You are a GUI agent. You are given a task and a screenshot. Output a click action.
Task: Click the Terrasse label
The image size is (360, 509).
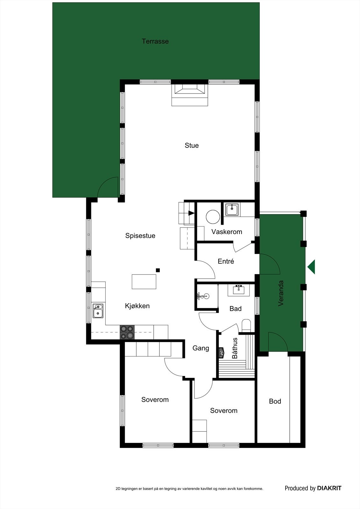pyautogui.click(x=155, y=41)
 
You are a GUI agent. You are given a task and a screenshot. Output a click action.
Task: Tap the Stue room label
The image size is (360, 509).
pyautogui.click(x=192, y=145)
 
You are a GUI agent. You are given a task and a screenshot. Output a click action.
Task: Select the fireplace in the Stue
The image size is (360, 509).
pyautogui.click(x=190, y=92)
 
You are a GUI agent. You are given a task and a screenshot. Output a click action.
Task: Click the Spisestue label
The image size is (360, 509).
pyautogui.click(x=140, y=236)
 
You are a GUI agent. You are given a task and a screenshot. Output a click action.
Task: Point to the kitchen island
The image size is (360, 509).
pyautogui.click(x=144, y=282)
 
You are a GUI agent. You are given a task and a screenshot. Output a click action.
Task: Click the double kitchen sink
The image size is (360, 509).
pyautogui.click(x=98, y=311)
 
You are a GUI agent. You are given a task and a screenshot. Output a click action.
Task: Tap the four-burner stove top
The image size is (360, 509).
pyautogui.click(x=127, y=332)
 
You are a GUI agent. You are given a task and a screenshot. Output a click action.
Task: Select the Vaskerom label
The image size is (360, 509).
pyautogui.click(x=227, y=232)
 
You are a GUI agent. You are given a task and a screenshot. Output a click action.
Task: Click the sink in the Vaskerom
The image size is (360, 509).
pyautogui.click(x=232, y=210)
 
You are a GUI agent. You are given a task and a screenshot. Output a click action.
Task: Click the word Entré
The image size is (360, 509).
pyautogui.click(x=226, y=261)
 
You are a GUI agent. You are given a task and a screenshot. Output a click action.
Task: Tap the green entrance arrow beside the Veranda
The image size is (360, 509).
pyautogui.click(x=311, y=267)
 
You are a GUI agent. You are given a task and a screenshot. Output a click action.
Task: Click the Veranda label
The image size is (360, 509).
pyautogui.click(x=281, y=293)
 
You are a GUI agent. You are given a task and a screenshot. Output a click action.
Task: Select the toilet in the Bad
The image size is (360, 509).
pyautogui.click(x=246, y=326)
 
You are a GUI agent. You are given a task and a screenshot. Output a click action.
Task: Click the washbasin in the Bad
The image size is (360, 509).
pyautogui.click(x=238, y=290)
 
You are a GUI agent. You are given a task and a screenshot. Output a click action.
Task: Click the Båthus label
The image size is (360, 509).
pyautogui.click(x=235, y=348)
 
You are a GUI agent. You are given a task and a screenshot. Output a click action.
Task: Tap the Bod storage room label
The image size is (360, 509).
pyautogui.click(x=275, y=401)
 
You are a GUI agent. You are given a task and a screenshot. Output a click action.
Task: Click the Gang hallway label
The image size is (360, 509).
pyautogui.click(x=201, y=348)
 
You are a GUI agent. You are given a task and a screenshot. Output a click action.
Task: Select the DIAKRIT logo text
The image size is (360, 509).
pyautogui.click(x=329, y=488)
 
